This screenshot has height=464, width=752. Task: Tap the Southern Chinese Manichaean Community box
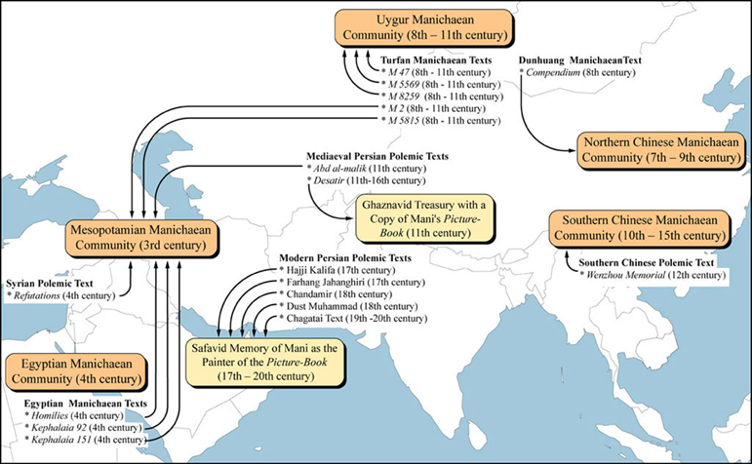(639, 231)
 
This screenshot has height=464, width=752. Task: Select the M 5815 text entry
(440, 121)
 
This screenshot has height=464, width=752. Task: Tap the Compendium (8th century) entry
(574, 73)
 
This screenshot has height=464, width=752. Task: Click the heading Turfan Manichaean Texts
(435, 61)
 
